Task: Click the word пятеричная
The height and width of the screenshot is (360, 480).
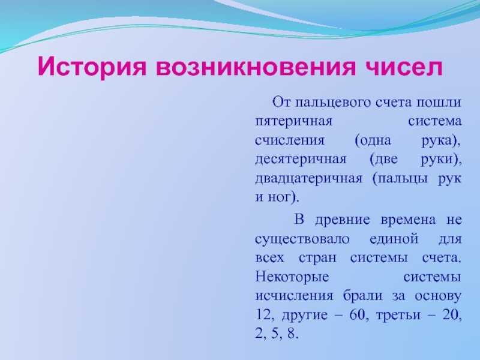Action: point(293,122)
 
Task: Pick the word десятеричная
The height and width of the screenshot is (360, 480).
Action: point(301,160)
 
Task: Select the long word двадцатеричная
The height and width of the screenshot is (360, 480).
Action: point(308,178)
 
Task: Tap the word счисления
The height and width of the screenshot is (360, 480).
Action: point(289,140)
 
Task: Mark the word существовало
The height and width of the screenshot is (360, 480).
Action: point(302,239)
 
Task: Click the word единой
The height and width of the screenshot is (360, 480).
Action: point(394,238)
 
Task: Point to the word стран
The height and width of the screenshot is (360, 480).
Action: point(317,259)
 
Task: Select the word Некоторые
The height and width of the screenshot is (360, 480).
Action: point(292,277)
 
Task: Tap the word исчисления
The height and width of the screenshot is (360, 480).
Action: point(294,296)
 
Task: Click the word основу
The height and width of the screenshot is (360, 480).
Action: point(438,296)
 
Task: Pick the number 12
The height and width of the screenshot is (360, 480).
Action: point(262,314)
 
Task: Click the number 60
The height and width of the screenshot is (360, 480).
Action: point(356,314)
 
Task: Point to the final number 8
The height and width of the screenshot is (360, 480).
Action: point(291,334)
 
